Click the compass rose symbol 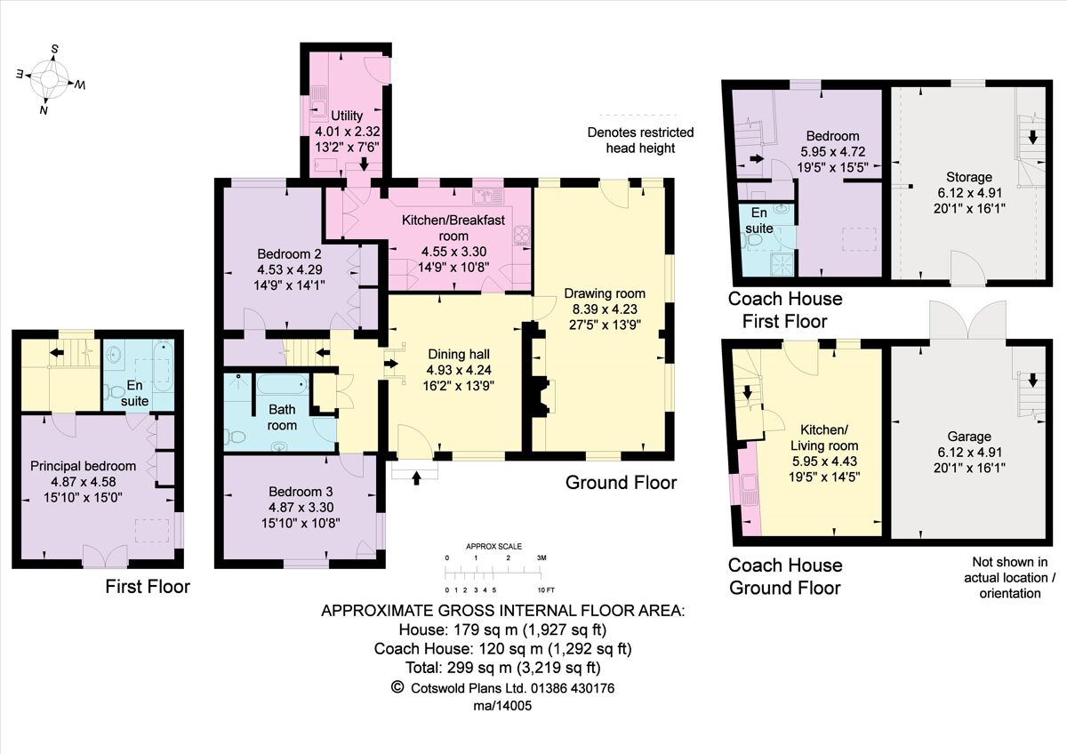(50, 80)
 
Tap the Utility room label (347, 116)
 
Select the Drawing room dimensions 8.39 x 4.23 (605, 309)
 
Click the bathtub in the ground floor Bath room (280, 386)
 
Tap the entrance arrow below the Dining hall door (417, 477)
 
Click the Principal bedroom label (84, 466)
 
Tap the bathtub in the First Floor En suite (162, 369)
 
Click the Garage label (968, 437)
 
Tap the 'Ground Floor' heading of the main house (621, 483)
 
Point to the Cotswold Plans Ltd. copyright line (502, 687)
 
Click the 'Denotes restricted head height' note (640, 140)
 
